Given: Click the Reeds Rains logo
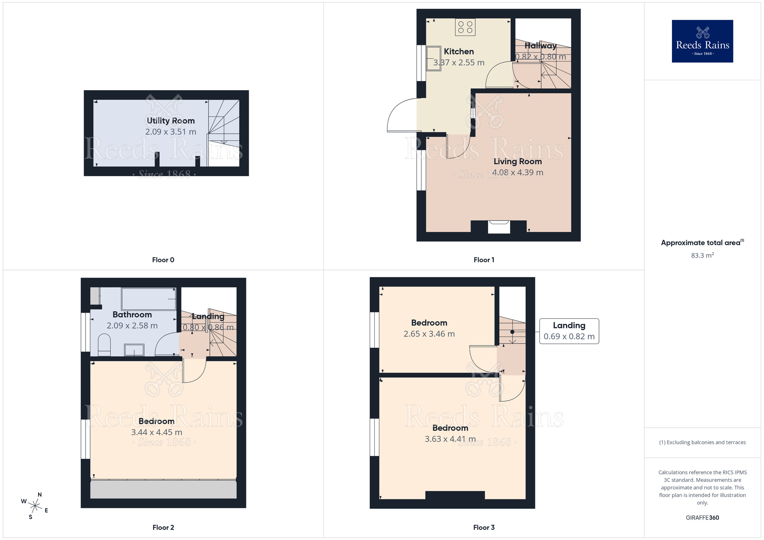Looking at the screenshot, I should point(702,41).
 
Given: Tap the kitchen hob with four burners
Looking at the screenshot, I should point(465,27).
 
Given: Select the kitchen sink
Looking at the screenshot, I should point(433,58).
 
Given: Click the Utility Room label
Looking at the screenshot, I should point(171,121).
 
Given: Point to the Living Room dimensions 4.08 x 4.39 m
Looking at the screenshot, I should point(518,173).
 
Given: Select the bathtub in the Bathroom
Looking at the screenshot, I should point(149,299).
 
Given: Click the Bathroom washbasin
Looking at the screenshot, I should point(134,349).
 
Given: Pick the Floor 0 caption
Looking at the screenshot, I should point(163,260).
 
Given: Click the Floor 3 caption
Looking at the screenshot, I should point(484,527).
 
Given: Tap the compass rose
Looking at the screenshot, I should point(35,506).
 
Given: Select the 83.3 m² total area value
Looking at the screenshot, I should point(702,255).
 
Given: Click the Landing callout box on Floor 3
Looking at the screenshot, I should point(569,331).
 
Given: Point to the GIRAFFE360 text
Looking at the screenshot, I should point(702,518).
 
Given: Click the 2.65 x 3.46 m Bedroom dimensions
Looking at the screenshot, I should point(429,334).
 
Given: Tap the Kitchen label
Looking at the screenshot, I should point(459,52).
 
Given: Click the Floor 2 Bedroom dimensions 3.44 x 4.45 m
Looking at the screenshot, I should point(156,432).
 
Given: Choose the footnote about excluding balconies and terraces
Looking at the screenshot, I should point(702,443).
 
